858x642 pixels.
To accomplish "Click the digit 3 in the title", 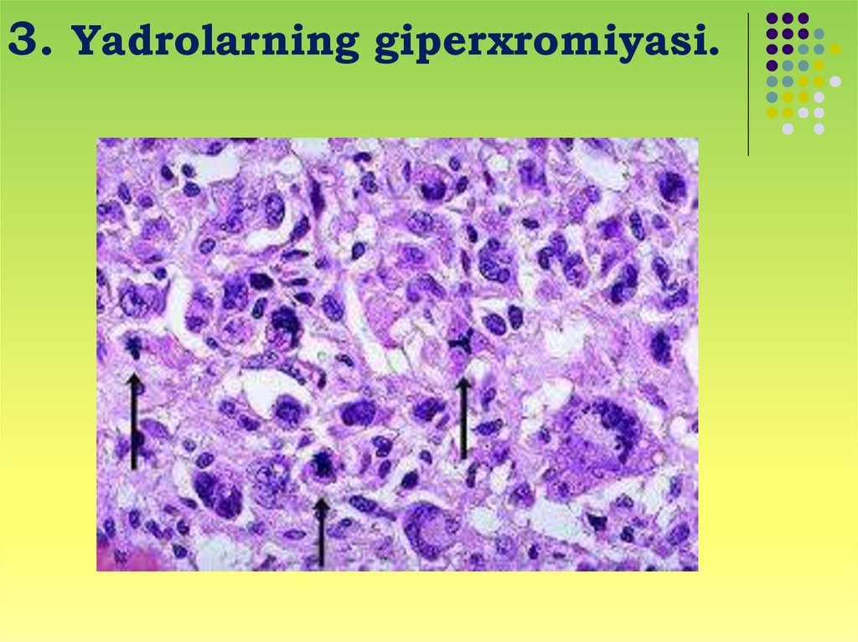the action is click(22, 39).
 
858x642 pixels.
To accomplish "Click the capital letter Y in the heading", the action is click(87, 40).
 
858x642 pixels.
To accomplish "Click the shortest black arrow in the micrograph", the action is click(322, 532).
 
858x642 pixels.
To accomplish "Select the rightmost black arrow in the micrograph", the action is click(463, 418).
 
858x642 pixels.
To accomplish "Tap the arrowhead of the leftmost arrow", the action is click(134, 382).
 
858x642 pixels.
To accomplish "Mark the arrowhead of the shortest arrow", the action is click(322, 507).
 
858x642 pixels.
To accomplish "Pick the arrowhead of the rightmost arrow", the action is click(463, 385).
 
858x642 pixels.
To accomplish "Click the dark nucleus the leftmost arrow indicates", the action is click(133, 345).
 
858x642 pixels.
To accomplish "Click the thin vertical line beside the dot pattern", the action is click(748, 85).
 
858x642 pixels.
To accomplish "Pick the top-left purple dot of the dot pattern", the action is click(772, 18).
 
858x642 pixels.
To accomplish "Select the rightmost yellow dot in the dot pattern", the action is click(835, 49).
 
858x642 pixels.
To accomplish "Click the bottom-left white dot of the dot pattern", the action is click(788, 129).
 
